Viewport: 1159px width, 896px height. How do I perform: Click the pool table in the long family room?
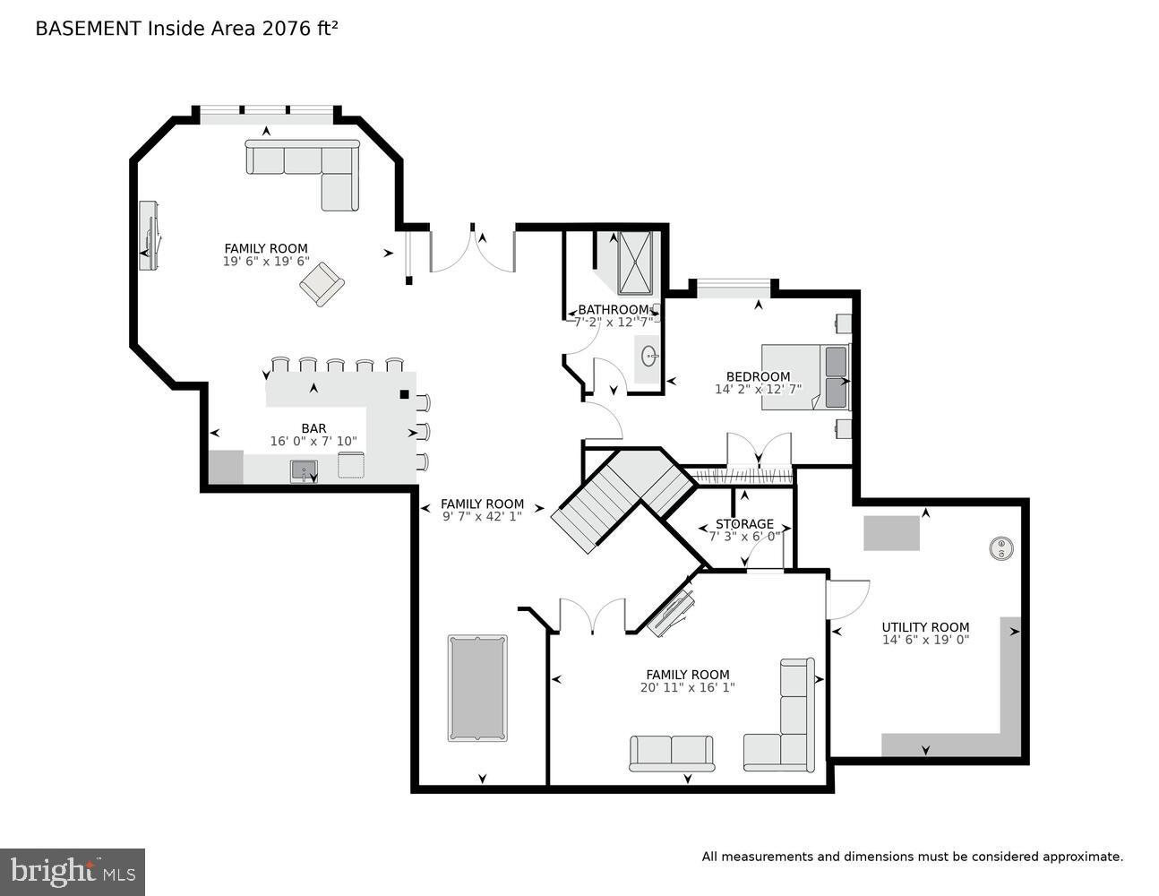click(x=476, y=688)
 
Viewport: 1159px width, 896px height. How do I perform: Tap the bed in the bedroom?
click(x=804, y=377)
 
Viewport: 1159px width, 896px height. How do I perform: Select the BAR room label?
click(x=313, y=428)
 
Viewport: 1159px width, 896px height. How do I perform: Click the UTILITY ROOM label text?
click(x=925, y=627)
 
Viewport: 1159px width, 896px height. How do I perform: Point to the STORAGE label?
click(x=744, y=524)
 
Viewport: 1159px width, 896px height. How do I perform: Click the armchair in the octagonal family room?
click(x=322, y=284)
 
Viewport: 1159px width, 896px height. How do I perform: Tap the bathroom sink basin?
click(x=648, y=357)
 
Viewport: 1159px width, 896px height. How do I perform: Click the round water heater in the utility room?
click(x=1000, y=548)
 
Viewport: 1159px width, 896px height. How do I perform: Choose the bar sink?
click(x=304, y=470)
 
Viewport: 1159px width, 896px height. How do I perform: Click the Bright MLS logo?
click(x=73, y=871)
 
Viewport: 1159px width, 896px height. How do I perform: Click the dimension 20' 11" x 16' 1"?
click(x=687, y=688)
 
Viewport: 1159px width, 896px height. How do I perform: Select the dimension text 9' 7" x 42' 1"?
click(x=482, y=517)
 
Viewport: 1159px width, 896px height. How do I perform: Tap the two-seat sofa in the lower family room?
click(x=672, y=753)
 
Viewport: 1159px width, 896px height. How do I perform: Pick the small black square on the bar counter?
click(x=404, y=393)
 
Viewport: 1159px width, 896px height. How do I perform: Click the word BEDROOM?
click(x=758, y=376)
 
